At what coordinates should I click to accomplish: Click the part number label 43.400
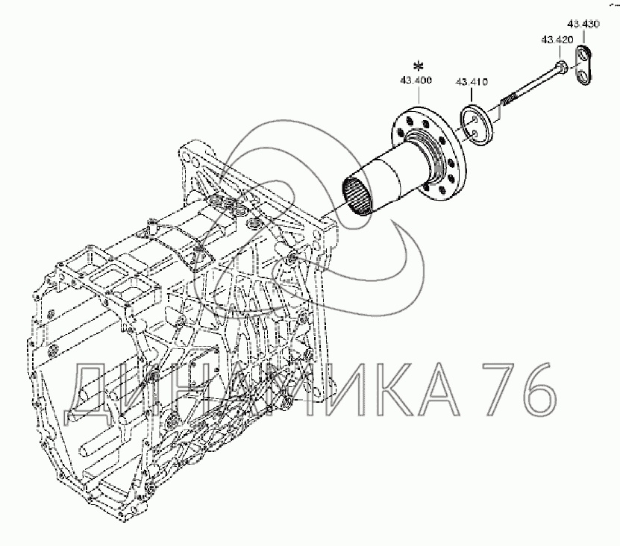416,81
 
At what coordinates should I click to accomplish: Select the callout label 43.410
472,82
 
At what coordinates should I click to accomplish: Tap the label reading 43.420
557,40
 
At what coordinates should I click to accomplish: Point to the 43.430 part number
583,24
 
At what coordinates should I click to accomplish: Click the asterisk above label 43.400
418,66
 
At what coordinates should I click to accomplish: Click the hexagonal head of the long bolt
562,66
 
